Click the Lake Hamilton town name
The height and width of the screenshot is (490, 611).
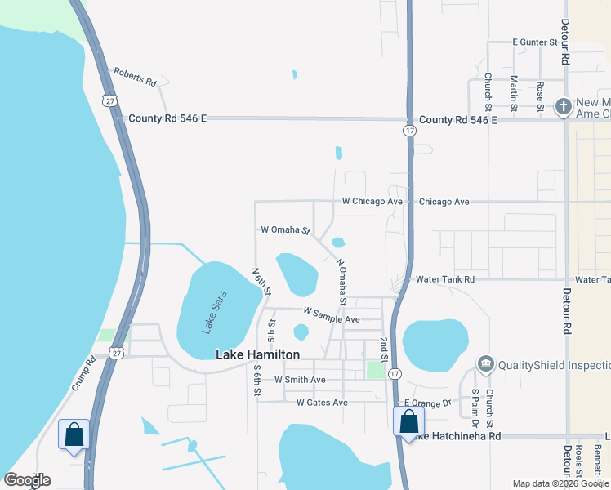pos(257,354)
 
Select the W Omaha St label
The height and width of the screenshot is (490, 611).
pos(285,230)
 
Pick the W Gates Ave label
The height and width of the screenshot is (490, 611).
pos(322,403)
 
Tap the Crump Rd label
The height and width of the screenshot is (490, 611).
pos(84,372)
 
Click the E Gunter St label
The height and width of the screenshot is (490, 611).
pos(534,42)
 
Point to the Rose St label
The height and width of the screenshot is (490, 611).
pos(540,93)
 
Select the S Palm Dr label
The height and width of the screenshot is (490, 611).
pos(475,408)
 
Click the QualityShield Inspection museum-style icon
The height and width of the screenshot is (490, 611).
pos(485,363)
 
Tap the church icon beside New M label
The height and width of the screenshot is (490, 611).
pos(562,106)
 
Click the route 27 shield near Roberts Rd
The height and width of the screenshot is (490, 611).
pos(109,100)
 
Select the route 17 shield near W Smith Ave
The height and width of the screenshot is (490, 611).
pos(395,374)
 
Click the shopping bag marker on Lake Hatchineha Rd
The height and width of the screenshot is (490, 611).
pos(408,421)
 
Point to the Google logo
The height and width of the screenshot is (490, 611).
pos(28,480)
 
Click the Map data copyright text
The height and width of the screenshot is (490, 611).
pos(560,483)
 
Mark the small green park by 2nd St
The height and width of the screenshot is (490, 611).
pos(376,370)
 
